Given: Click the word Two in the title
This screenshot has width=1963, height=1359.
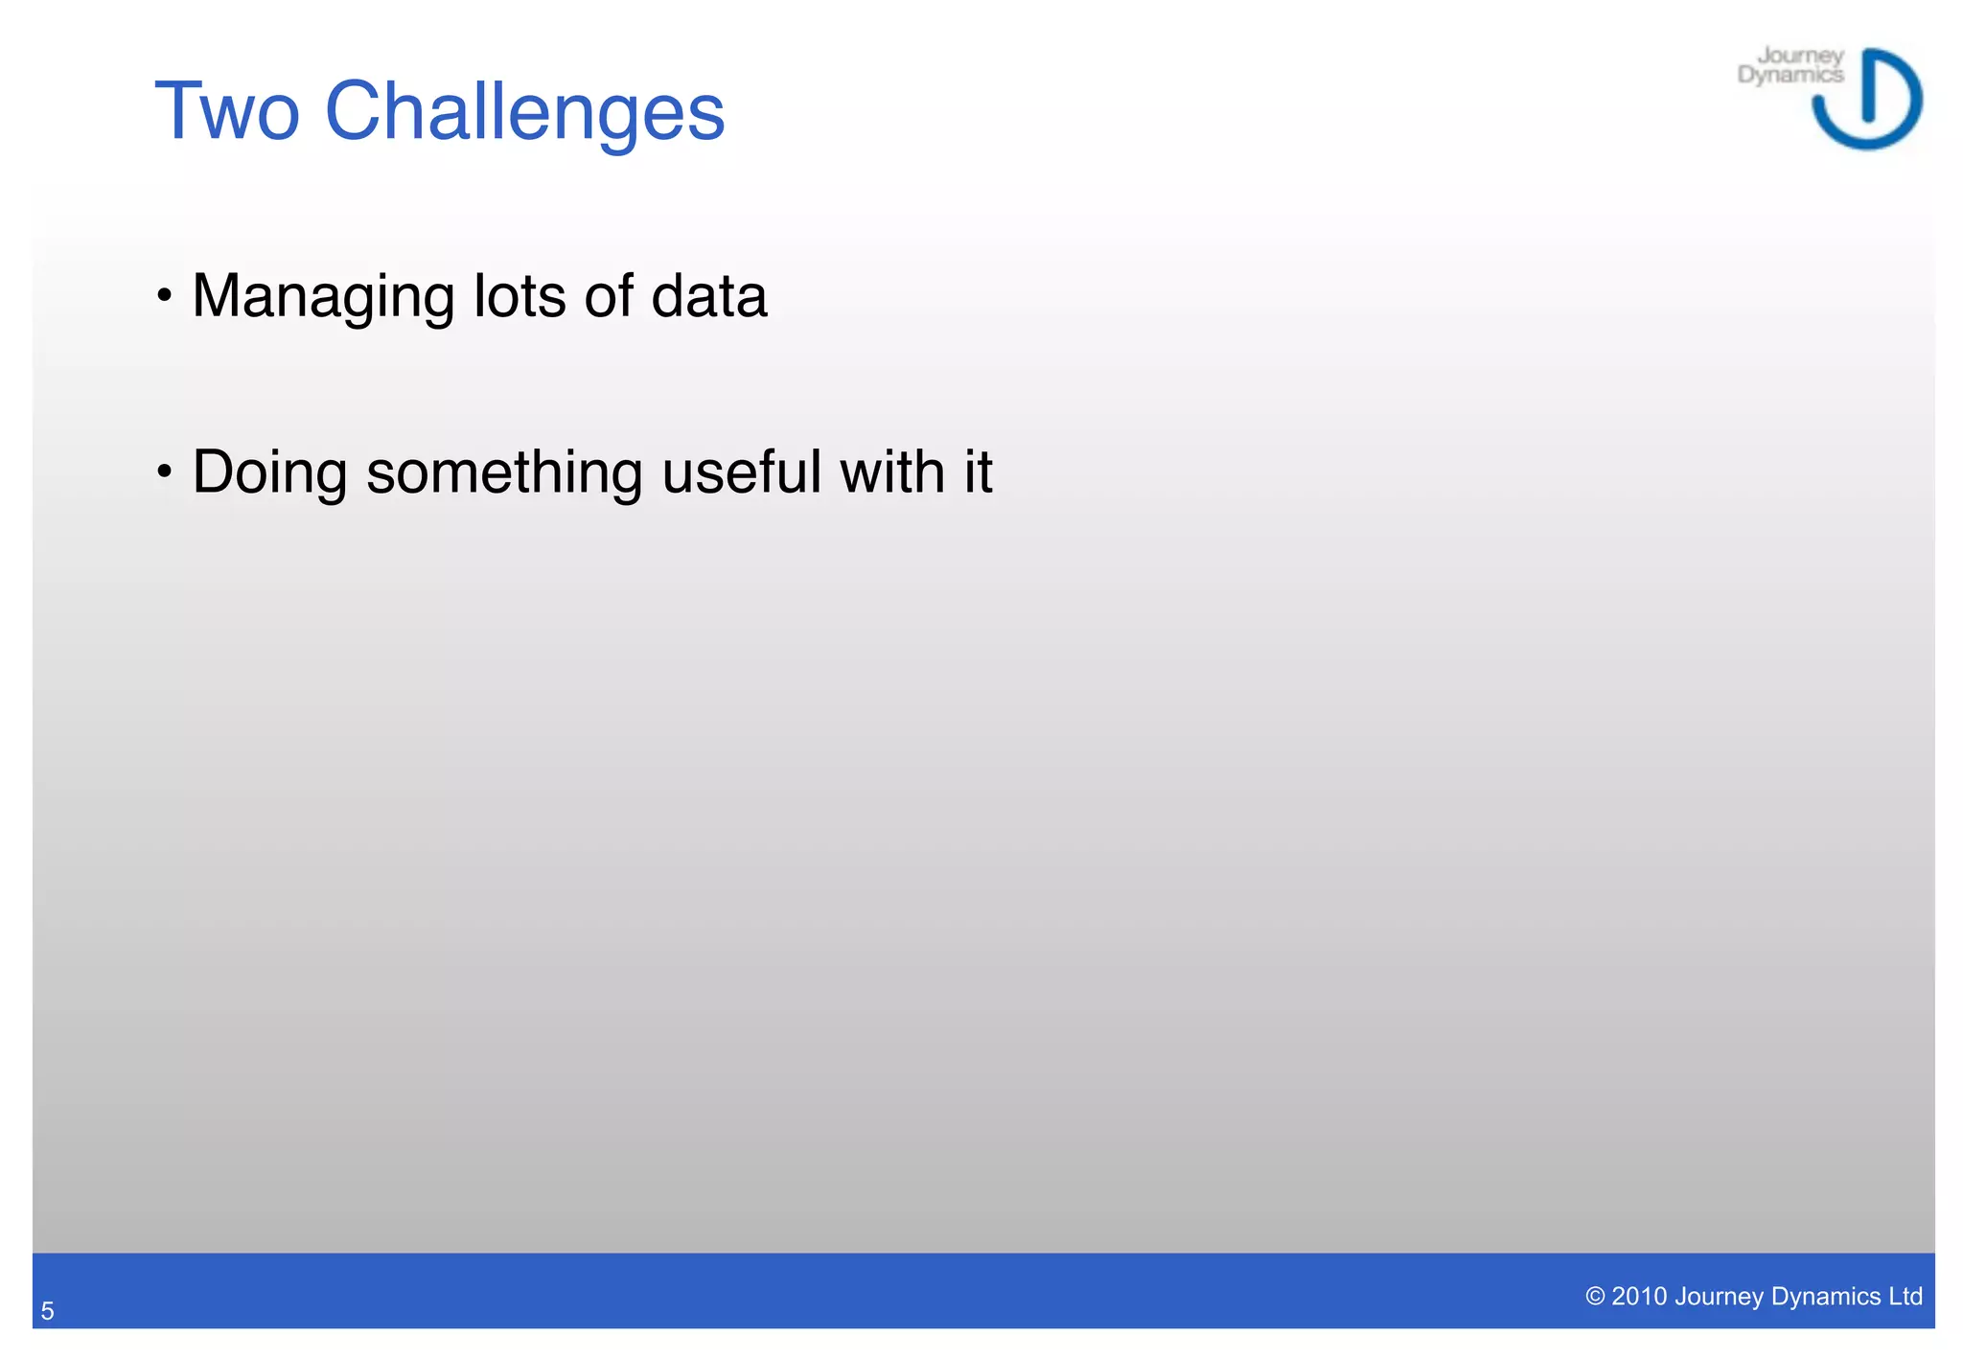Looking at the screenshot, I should (x=227, y=111).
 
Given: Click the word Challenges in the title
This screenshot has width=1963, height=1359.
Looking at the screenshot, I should (x=524, y=113).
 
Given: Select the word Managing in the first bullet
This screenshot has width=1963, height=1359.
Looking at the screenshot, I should (x=323, y=296).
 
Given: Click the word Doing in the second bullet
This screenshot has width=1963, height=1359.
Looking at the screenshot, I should (x=269, y=472).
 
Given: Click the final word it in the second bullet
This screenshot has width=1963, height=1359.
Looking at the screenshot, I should (x=978, y=472).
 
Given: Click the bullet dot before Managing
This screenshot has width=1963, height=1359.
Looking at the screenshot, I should (x=165, y=296).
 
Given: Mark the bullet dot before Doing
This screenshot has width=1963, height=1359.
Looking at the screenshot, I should (x=165, y=472).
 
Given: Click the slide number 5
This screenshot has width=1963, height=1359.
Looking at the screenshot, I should (x=47, y=1311).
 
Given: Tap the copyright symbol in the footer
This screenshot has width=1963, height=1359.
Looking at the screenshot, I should (x=1595, y=1297).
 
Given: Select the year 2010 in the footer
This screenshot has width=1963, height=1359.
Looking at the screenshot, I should (x=1639, y=1297).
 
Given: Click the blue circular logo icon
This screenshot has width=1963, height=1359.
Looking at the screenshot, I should (x=1867, y=100).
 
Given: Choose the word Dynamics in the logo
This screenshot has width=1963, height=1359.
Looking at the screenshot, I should (x=1790, y=75).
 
